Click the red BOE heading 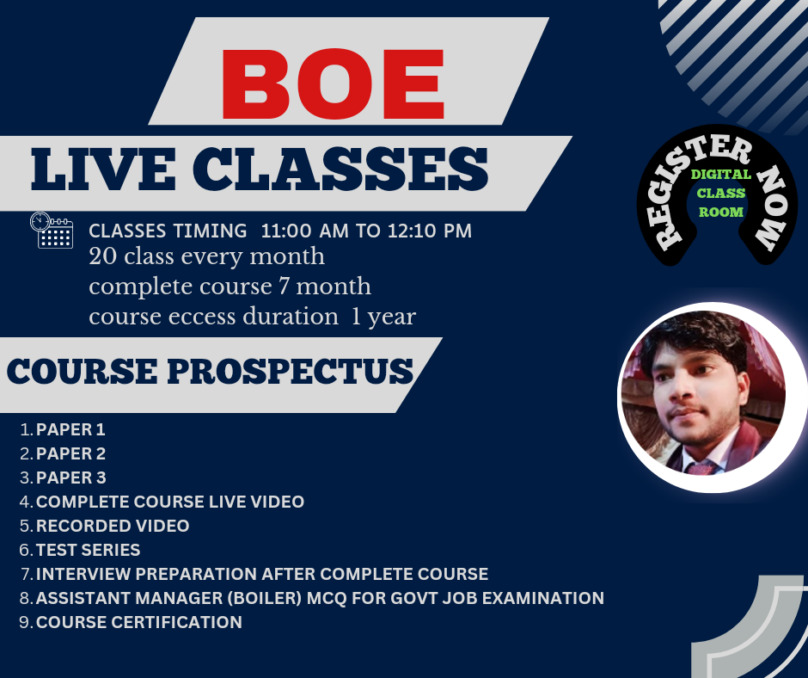click(x=333, y=84)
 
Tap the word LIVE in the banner click(x=103, y=169)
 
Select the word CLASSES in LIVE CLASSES click(x=340, y=169)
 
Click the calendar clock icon click(x=52, y=230)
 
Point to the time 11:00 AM click(x=304, y=231)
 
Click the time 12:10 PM click(x=430, y=231)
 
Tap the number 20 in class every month click(x=103, y=256)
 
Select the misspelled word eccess click(x=202, y=317)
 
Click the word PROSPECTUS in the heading click(x=291, y=371)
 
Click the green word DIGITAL click(x=721, y=175)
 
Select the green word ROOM click(x=721, y=212)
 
